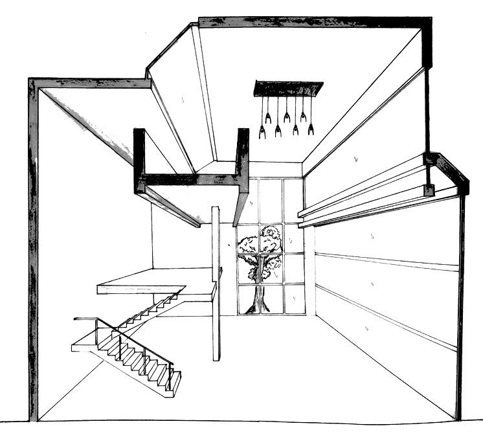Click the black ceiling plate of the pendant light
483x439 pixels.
pyautogui.click(x=289, y=87)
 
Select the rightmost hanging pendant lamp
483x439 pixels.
pyautogui.click(x=311, y=126)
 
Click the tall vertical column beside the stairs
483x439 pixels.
pyautogui.click(x=216, y=285)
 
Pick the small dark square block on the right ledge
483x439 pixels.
pyautogui.click(x=428, y=190)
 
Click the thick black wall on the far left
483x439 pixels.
pyautogui.click(x=32, y=246)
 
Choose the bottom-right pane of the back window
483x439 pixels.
pyautogui.click(x=293, y=299)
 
